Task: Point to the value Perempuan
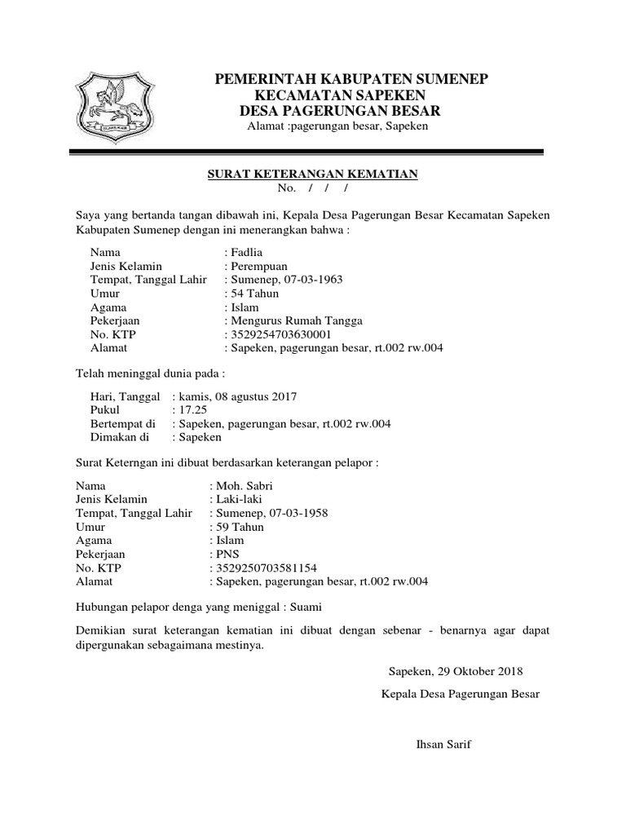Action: click(x=259, y=267)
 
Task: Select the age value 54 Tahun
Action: click(x=255, y=294)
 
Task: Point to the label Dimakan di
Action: click(x=118, y=438)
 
